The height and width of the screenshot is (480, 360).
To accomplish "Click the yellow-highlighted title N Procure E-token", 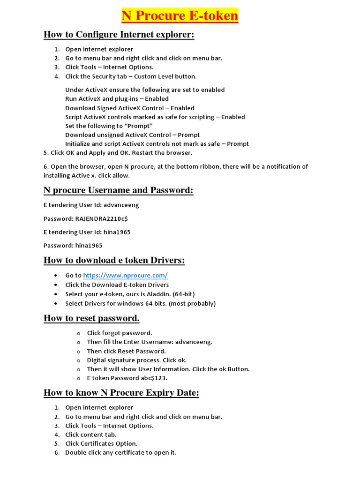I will pyautogui.click(x=180, y=16).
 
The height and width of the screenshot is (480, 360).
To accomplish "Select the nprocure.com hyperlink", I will pyautogui.click(x=125, y=276).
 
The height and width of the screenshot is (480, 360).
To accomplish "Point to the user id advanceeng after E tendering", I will pyautogui.click(x=121, y=205).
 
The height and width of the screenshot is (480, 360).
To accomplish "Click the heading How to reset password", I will pyautogui.click(x=91, y=318).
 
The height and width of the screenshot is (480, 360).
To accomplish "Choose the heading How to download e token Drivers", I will pyautogui.click(x=114, y=260).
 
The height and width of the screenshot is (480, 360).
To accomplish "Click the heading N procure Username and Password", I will pyautogui.click(x=118, y=190).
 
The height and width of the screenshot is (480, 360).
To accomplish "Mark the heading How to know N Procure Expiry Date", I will pyautogui.click(x=121, y=393).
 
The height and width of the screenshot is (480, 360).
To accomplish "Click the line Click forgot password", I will pyautogui.click(x=120, y=333).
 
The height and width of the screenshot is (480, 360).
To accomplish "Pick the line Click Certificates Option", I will pyautogui.click(x=101, y=443).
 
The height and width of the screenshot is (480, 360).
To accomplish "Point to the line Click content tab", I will pyautogui.click(x=91, y=435).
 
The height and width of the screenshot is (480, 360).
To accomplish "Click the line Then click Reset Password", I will pyautogui.click(x=127, y=351).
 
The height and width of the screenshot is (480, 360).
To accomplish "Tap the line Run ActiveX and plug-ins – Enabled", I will pyautogui.click(x=117, y=99).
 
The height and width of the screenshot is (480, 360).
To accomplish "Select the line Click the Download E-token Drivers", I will pyautogui.click(x=117, y=285).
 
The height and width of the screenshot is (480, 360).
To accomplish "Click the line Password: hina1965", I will pyautogui.click(x=73, y=246).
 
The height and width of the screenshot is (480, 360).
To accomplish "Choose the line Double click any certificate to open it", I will pyautogui.click(x=121, y=453).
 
